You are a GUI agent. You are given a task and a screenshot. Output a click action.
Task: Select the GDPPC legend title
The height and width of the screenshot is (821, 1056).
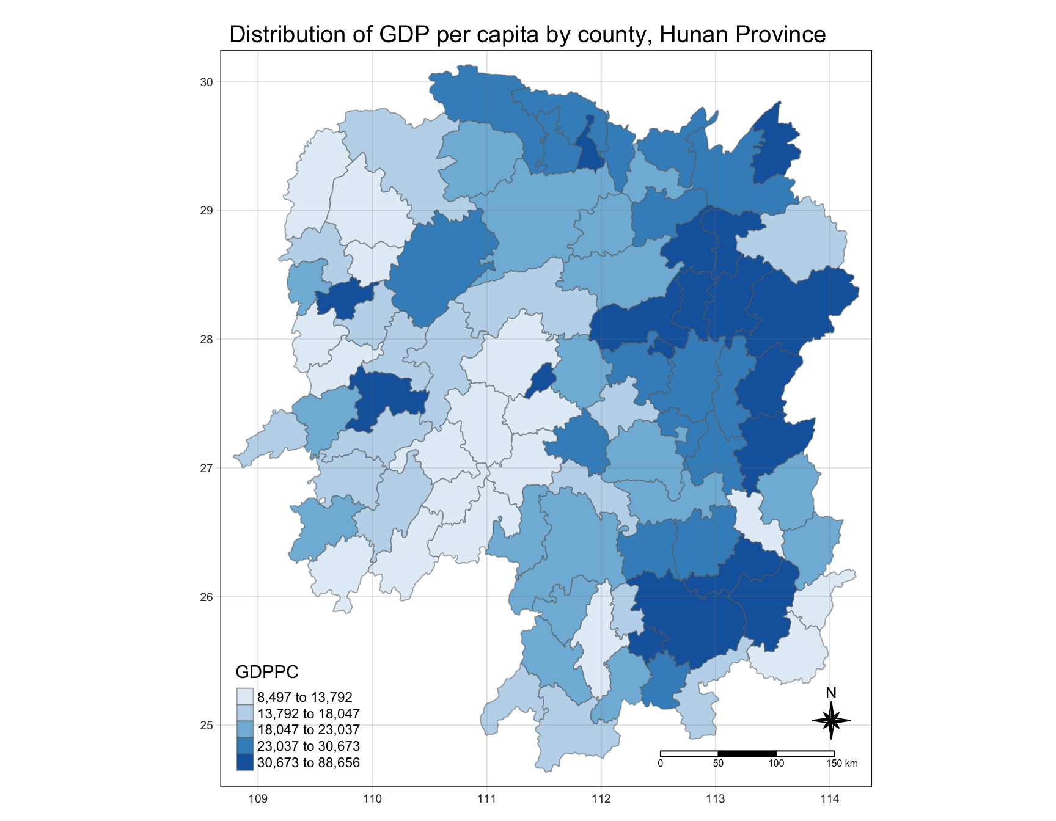[x=267, y=672]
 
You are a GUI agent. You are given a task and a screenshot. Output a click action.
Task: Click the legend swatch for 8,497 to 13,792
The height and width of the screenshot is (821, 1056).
[x=245, y=697]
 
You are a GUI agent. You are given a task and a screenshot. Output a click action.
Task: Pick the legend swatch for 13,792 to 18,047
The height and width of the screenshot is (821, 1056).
[x=245, y=713]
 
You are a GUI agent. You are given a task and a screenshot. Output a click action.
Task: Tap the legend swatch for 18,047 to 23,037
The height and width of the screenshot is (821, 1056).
[x=245, y=729]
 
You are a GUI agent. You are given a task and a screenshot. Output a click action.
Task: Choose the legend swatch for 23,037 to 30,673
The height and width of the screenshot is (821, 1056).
[x=245, y=746]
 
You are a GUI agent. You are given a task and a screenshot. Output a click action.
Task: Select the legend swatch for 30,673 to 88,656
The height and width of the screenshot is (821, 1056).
[x=245, y=762]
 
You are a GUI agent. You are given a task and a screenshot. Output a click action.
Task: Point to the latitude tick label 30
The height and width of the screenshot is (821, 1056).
[x=207, y=82]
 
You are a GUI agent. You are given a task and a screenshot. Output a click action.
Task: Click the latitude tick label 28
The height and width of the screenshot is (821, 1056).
[x=207, y=339]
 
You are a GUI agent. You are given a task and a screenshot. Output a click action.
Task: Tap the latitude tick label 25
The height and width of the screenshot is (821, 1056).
[x=207, y=725]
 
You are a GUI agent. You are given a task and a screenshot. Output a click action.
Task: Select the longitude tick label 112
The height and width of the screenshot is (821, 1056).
[x=601, y=798]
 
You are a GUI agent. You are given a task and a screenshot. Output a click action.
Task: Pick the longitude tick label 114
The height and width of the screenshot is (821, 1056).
[x=830, y=798]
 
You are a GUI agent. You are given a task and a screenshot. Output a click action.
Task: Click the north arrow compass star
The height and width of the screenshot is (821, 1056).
[x=831, y=721]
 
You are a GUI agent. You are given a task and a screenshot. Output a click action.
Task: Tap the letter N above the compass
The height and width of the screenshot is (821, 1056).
[x=831, y=693]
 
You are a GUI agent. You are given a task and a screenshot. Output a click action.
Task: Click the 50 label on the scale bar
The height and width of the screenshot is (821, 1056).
[x=718, y=764]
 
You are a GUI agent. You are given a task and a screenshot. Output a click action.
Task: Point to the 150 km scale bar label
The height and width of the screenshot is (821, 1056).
[x=842, y=764]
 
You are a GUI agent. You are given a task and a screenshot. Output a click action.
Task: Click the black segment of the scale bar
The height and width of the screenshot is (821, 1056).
[x=747, y=754]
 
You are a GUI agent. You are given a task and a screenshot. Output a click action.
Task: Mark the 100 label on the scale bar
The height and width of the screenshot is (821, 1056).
[x=776, y=764]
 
